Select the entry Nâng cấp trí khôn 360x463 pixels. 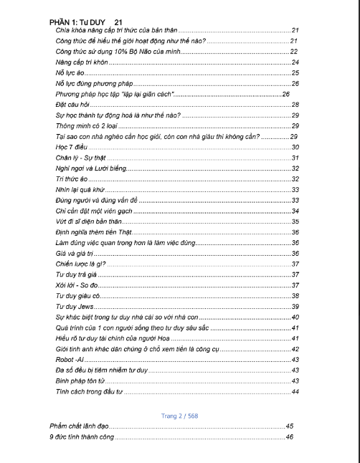click(77, 62)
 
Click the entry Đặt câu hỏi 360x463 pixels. click(71, 105)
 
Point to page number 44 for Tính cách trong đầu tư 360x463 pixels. click(295, 391)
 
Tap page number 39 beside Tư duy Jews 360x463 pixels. click(295, 306)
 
